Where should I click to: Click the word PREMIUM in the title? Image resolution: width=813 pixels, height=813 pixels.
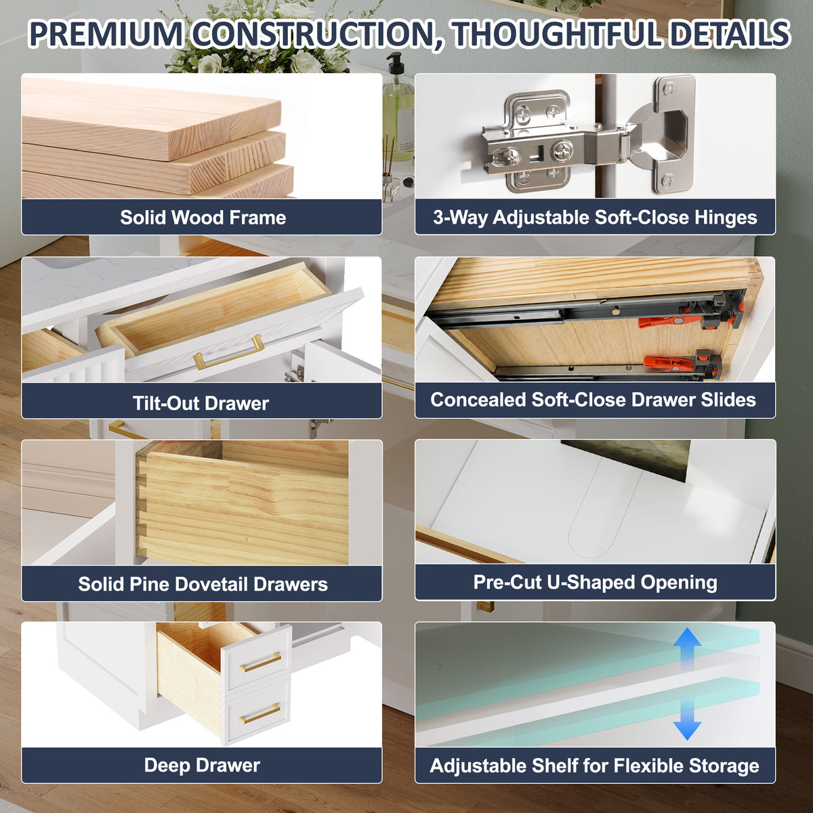[x=106, y=34]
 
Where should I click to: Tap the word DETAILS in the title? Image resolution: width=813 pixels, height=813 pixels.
[x=730, y=34]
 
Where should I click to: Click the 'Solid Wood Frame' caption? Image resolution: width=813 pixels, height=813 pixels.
[x=203, y=217]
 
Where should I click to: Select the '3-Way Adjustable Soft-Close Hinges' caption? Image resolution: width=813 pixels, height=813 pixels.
[x=595, y=217]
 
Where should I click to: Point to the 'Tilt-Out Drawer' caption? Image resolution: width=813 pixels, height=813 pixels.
[x=201, y=403]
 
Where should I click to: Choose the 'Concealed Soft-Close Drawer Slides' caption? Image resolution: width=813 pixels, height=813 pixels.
[x=593, y=400]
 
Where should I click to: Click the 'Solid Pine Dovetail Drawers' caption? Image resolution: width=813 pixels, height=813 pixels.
[x=203, y=584]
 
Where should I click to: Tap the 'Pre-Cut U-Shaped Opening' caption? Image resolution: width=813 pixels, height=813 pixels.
[x=596, y=583]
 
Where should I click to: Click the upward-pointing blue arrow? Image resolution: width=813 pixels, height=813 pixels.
[x=687, y=647]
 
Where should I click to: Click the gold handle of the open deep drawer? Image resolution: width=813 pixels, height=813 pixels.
[x=260, y=662]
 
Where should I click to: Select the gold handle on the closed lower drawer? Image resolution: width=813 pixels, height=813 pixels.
[x=260, y=713]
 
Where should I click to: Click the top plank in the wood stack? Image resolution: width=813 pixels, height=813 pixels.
[x=151, y=118]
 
